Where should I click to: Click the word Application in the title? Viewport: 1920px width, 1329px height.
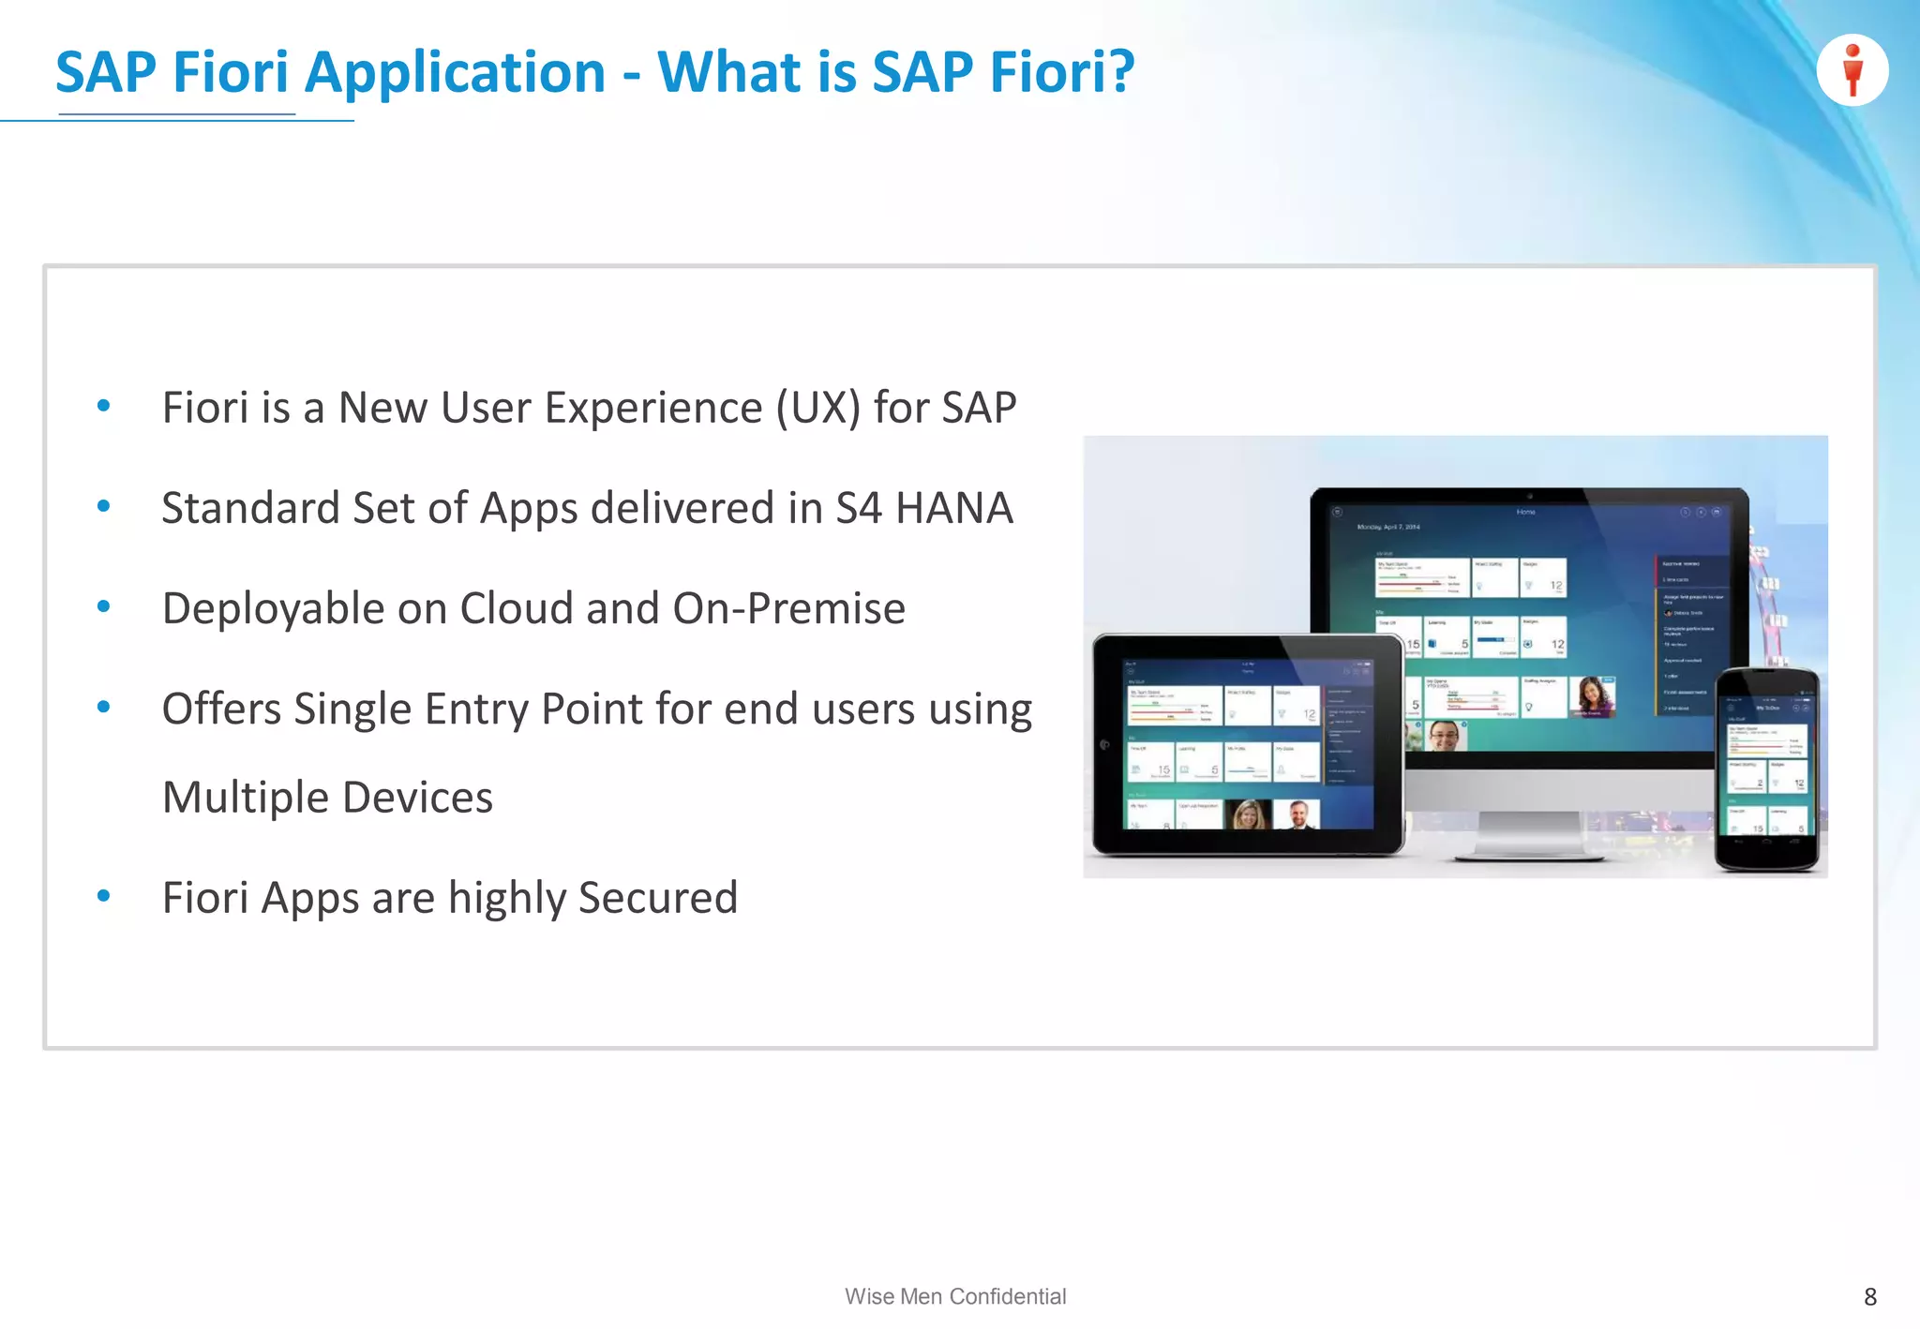[x=456, y=73]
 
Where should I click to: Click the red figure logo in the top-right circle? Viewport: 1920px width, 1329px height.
[x=1852, y=69]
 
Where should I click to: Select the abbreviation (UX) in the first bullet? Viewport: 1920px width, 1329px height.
[x=817, y=408]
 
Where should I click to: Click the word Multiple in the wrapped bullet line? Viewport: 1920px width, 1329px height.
[x=246, y=798]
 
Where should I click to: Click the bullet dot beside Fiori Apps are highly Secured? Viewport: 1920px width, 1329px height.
[x=104, y=896]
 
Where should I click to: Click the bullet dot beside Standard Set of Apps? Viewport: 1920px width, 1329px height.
[x=104, y=507]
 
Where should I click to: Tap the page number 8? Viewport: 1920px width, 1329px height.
[x=1869, y=1297]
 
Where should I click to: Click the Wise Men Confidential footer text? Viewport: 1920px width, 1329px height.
[x=955, y=1296]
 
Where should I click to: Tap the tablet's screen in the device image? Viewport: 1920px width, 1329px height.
[x=1248, y=745]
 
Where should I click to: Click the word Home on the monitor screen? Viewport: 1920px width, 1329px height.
[x=1525, y=513]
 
